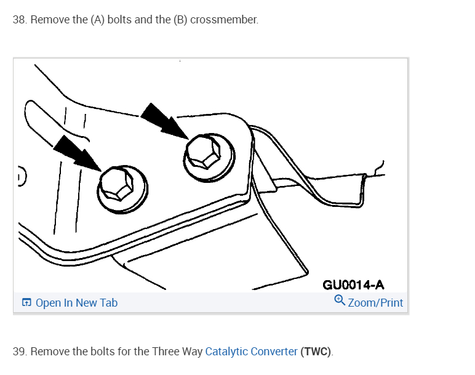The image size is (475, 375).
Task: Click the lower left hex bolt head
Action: coord(118,184)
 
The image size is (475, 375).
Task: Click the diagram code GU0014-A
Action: coord(353,284)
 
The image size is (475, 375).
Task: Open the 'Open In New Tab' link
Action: coord(76,303)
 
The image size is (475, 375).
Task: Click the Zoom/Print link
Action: coord(375,303)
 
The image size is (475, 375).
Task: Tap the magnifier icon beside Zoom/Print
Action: coord(339,300)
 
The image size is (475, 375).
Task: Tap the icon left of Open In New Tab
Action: coord(26,303)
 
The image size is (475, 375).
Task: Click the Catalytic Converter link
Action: coord(251,352)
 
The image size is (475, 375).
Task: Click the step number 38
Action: coord(20,20)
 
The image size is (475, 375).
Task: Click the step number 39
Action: coord(20,352)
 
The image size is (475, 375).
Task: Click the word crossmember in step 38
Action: coord(224,20)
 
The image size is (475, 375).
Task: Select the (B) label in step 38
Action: coord(180,20)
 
